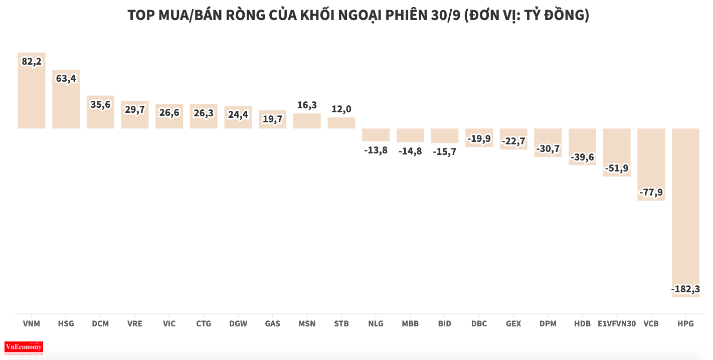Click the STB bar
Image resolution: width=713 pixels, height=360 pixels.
coord(341,123)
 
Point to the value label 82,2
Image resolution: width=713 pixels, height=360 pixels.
coord(32,61)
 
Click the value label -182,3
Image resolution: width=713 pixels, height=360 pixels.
coord(685,289)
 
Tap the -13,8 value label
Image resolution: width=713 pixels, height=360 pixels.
coord(376,150)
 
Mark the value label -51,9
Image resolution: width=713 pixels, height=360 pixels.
coord(617,168)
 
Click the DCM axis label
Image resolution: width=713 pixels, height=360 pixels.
coord(100,324)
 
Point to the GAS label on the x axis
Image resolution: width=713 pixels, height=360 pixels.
coord(272,324)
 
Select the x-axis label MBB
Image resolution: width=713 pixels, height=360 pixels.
coord(410,324)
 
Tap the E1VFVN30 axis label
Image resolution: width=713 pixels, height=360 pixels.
coord(617,324)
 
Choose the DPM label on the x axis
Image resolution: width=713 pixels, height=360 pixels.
coord(548,324)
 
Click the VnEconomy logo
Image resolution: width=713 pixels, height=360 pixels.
coord(24,347)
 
